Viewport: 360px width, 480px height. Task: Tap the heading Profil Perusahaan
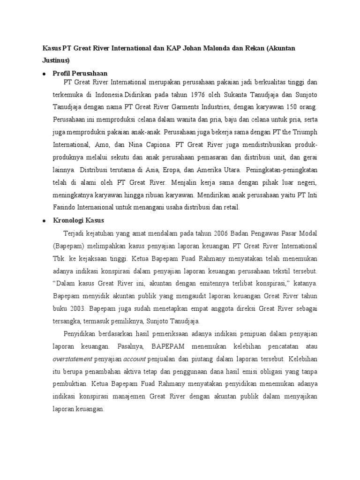point(80,73)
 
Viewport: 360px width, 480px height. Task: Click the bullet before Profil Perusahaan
point(44,74)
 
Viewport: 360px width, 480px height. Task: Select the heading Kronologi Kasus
point(78,220)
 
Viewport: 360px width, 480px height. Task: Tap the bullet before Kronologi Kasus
point(44,220)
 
